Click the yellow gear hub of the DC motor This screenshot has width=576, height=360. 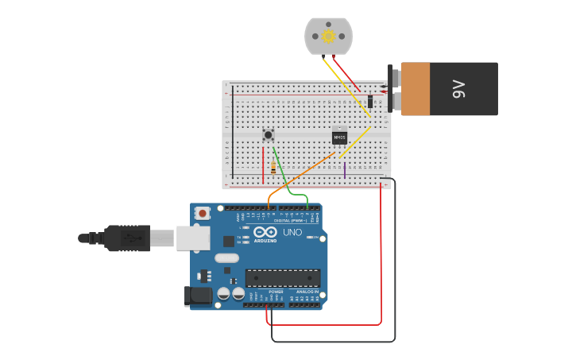tap(328, 36)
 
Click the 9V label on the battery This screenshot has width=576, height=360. tap(458, 89)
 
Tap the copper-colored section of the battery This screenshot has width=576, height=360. tap(416, 89)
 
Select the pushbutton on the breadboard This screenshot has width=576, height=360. tap(269, 134)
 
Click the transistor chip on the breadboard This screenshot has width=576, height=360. tap(339, 137)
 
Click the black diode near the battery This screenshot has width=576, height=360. tap(370, 101)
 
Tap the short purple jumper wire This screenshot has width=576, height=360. tap(344, 169)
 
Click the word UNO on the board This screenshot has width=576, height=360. tap(292, 232)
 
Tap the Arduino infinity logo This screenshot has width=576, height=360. tap(265, 232)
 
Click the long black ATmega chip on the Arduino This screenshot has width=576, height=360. tap(282, 278)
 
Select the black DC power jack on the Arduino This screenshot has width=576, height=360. tap(197, 296)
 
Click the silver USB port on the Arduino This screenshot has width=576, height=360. tap(191, 237)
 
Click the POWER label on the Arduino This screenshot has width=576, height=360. tap(276, 292)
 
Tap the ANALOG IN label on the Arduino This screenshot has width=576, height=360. tap(307, 292)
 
